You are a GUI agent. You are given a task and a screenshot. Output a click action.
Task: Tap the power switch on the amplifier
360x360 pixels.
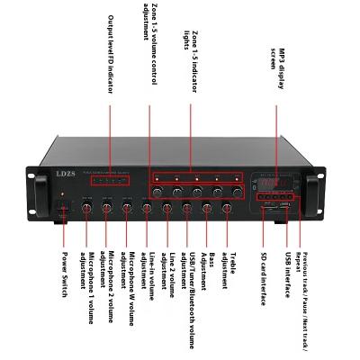[63, 211]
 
